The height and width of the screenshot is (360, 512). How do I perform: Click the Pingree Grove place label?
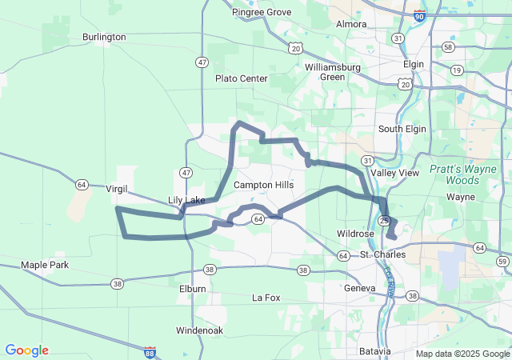coord(262,12)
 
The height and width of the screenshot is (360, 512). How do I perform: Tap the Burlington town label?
coord(104,37)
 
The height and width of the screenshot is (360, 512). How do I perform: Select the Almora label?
coord(351,24)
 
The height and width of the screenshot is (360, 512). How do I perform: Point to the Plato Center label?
coord(241,78)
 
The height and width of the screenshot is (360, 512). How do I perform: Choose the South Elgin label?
coord(400,129)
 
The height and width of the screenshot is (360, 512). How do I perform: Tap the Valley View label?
coord(394,173)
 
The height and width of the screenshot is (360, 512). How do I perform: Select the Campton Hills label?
coord(263,185)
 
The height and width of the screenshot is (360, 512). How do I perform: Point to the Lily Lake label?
coord(186,200)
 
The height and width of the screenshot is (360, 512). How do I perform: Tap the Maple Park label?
coord(45,265)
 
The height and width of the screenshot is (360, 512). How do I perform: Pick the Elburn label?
coord(193,288)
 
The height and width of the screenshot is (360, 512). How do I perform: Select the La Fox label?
coord(266,298)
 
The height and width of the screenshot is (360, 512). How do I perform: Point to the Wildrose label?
coord(355,234)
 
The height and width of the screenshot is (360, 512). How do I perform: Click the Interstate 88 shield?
coord(150,351)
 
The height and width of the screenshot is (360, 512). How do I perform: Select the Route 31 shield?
coord(366,161)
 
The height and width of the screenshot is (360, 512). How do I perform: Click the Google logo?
coord(26,350)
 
